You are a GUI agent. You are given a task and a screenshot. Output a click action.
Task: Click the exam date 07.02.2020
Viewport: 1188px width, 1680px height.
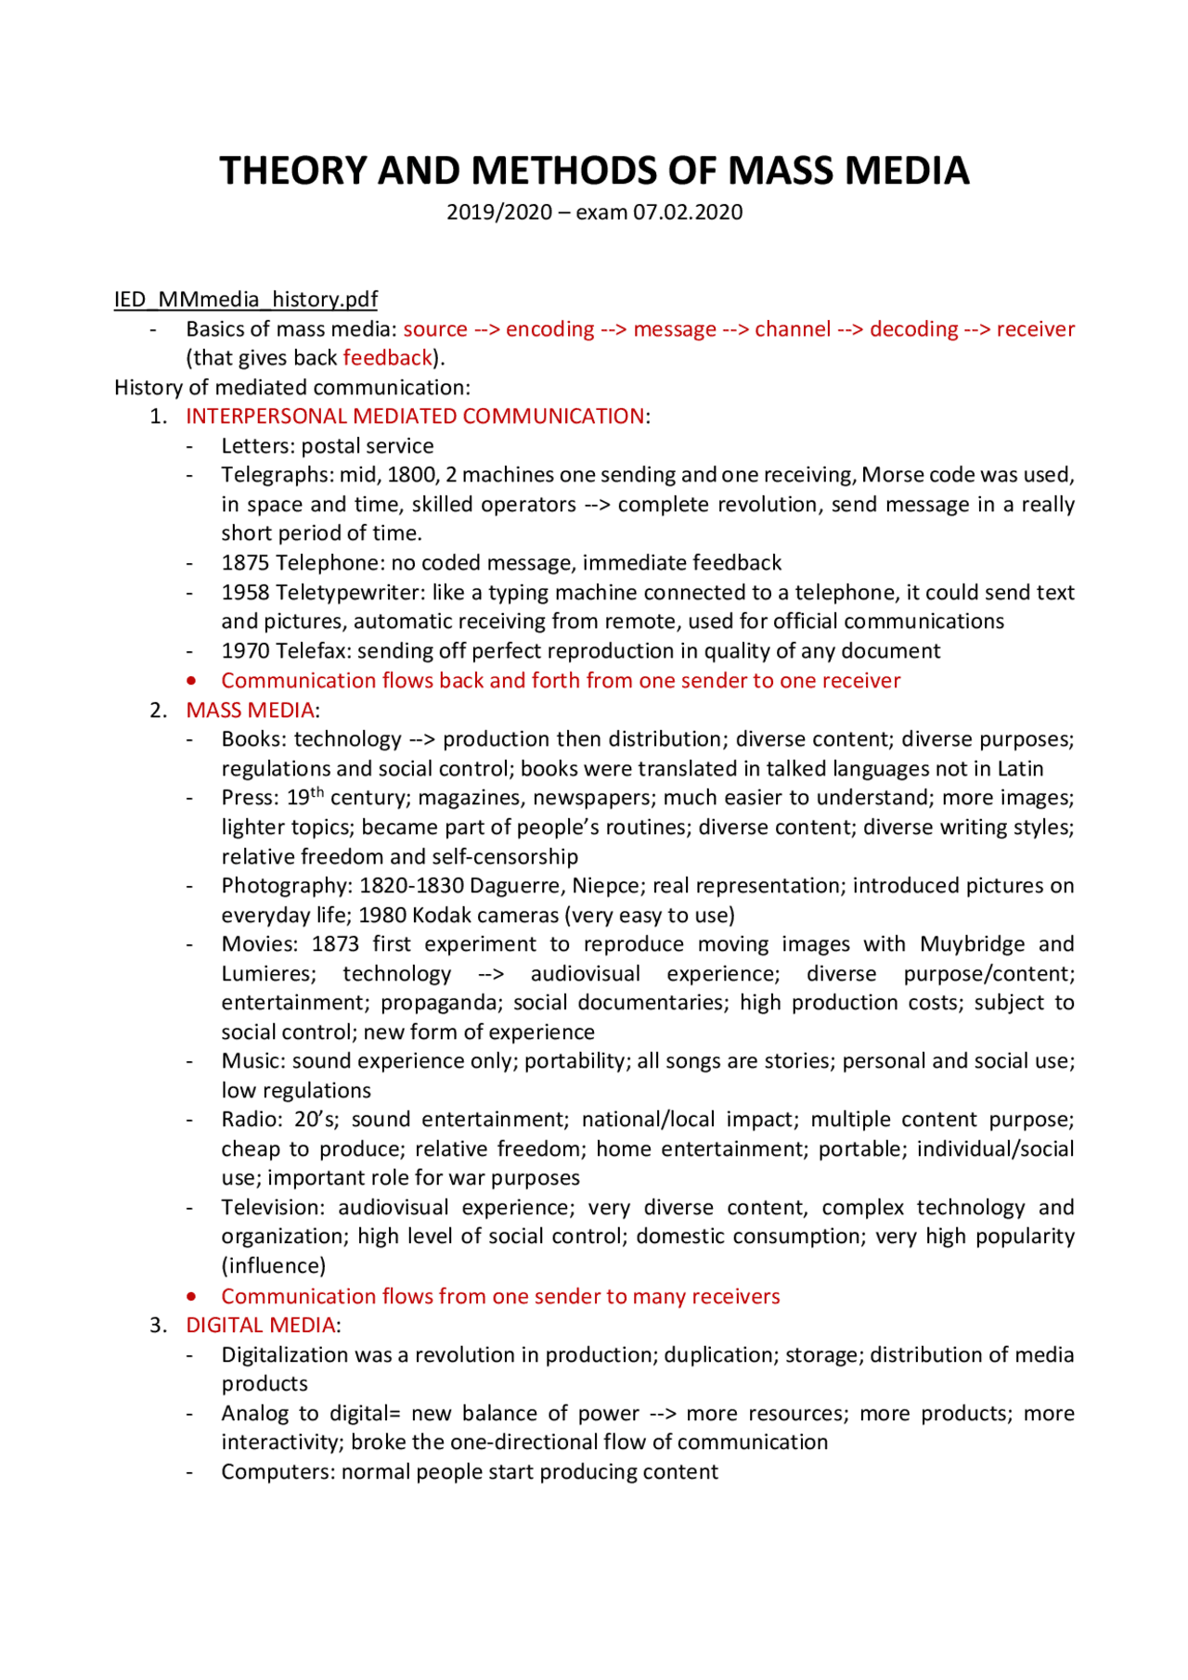(x=688, y=212)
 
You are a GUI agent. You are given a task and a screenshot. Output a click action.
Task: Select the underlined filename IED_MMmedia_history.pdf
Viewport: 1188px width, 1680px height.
(x=245, y=300)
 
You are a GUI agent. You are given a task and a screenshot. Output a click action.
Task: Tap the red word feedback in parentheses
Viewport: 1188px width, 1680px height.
(x=387, y=358)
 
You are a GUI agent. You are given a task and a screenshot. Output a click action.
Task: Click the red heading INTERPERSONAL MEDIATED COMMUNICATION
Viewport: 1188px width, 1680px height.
(x=414, y=417)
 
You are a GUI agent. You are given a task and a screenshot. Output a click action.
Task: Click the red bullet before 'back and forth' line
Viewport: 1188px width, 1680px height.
(x=191, y=681)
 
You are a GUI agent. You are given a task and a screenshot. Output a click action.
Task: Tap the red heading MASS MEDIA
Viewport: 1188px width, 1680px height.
(x=250, y=711)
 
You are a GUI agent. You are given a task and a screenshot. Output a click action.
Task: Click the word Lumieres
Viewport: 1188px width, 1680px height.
(x=268, y=974)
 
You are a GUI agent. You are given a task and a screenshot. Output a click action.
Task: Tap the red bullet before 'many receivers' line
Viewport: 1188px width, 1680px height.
(x=191, y=1297)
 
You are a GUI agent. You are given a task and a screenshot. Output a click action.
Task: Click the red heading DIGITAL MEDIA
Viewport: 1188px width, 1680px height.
(x=260, y=1326)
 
